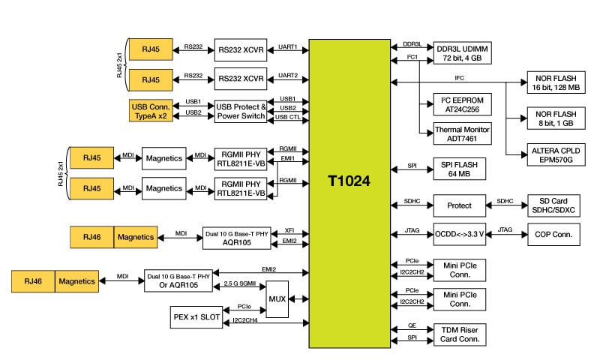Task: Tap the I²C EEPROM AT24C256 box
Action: tap(458, 103)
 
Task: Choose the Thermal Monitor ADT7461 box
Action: tap(458, 133)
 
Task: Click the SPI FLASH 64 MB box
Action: tap(460, 168)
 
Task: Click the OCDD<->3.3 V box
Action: tap(460, 234)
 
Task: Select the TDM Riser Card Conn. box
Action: tap(460, 334)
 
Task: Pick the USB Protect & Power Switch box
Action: tap(241, 111)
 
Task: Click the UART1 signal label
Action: tap(288, 46)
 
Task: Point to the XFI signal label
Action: tap(289, 231)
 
